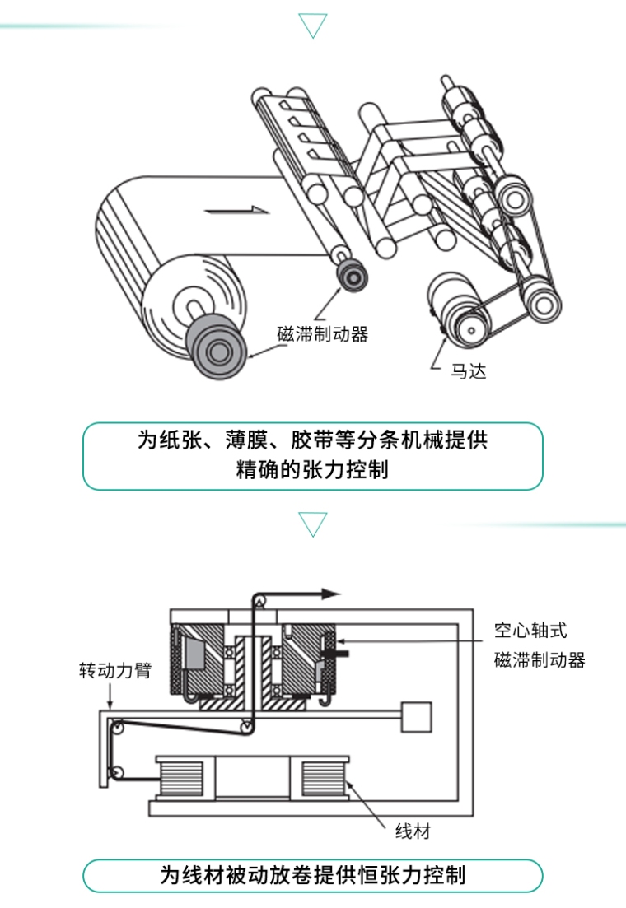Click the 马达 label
tap(468, 371)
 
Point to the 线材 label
tap(413, 832)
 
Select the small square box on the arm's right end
tap(416, 716)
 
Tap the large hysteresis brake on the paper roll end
tap(217, 351)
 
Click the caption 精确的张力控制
tap(312, 471)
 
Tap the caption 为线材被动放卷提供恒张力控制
tap(312, 874)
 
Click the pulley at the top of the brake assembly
tap(261, 603)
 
